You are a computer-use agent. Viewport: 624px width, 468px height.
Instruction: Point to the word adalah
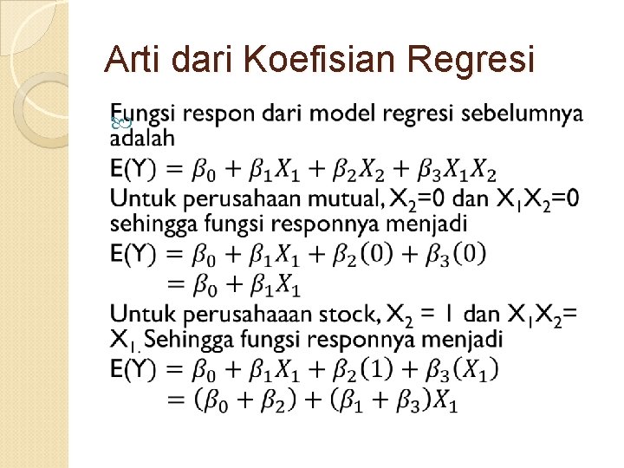coord(142,137)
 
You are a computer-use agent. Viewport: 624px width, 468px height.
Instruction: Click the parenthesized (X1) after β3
coord(478,370)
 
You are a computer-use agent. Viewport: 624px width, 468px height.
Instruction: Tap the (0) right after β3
coord(469,254)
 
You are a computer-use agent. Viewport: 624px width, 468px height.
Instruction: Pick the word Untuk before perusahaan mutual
coord(142,198)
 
